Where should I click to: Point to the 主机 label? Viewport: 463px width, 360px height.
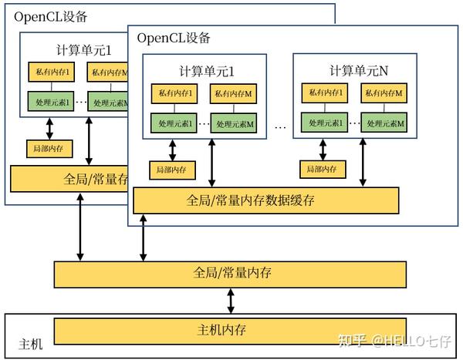31,344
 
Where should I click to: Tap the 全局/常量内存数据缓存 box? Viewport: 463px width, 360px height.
266,200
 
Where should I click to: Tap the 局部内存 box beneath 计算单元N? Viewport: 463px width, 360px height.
323,170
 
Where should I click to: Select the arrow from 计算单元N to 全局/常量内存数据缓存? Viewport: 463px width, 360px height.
363,162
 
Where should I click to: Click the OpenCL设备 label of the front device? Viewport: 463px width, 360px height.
173,37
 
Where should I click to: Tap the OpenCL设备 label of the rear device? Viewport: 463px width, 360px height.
51,15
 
